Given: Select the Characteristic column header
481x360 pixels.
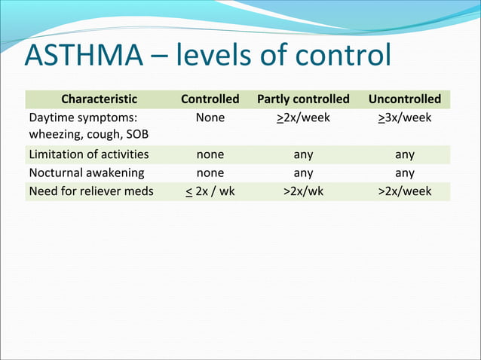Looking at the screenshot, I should click(99, 99).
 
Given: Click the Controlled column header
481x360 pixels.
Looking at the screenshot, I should click(210, 99).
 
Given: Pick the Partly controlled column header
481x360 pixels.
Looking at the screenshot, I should click(303, 99).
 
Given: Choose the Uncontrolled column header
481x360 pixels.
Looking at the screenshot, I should click(404, 99).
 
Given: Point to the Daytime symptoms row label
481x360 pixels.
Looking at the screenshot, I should click(83, 118).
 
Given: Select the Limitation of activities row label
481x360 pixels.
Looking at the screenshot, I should click(88, 154).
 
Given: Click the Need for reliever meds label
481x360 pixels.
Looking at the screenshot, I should click(90, 191).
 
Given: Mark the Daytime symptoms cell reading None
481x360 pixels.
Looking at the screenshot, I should click(210, 118).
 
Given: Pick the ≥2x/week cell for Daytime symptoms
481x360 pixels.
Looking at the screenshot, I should click(303, 118).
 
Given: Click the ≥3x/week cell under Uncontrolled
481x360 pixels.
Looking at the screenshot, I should click(404, 118).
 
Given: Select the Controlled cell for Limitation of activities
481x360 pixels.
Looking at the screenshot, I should click(210, 154).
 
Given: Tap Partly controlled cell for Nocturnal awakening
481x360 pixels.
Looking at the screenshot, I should click(303, 172).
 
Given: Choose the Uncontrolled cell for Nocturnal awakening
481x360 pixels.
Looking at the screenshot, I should click(404, 172).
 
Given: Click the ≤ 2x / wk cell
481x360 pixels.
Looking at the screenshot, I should click(210, 191).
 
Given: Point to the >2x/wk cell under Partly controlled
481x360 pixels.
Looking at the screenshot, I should click(303, 191).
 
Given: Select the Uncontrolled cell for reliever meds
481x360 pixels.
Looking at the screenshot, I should click(404, 191).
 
